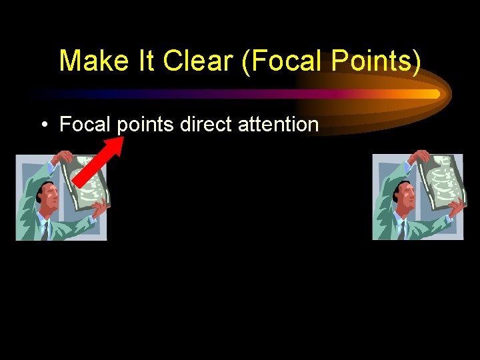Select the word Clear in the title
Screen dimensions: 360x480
(x=199, y=61)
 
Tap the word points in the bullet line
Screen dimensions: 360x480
(x=146, y=125)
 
